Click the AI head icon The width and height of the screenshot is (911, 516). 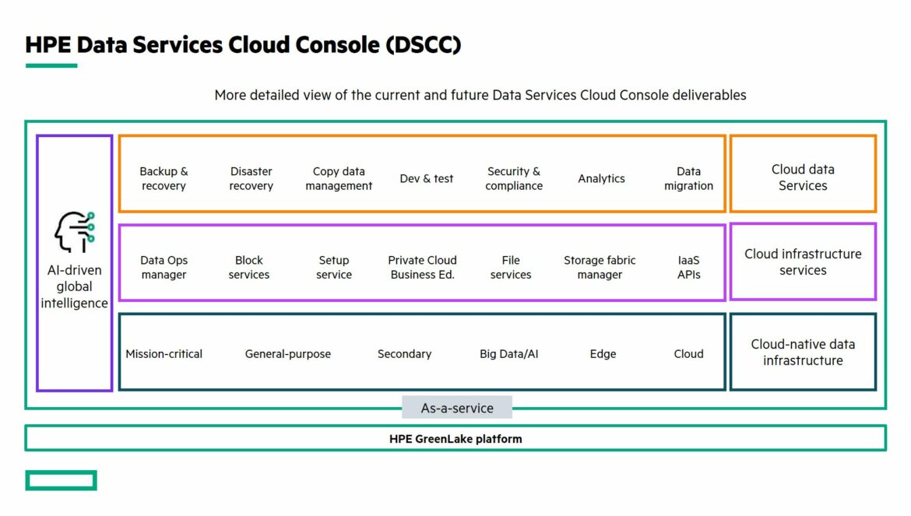(x=75, y=232)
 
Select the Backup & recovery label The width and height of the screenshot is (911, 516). (x=164, y=179)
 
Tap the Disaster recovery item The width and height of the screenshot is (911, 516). (x=251, y=179)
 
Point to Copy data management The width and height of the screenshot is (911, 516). (x=339, y=179)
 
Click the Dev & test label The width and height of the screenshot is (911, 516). (x=427, y=179)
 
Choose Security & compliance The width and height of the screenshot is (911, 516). (x=514, y=179)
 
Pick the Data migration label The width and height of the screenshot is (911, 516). (x=688, y=179)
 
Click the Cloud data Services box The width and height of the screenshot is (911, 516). (x=803, y=174)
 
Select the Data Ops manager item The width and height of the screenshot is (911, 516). (x=164, y=268)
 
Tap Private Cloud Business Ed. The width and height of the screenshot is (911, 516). (x=422, y=268)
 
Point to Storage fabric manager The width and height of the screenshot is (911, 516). (x=600, y=268)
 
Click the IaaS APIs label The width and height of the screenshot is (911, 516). (x=688, y=268)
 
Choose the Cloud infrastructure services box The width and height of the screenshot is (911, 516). (x=803, y=262)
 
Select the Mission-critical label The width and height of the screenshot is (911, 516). (x=164, y=354)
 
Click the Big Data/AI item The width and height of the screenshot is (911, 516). (x=509, y=354)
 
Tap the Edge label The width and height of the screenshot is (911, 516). (x=603, y=354)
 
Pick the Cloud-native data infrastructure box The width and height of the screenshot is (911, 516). (x=803, y=352)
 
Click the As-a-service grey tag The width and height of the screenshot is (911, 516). (x=457, y=408)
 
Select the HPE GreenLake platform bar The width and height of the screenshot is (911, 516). (x=455, y=438)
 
